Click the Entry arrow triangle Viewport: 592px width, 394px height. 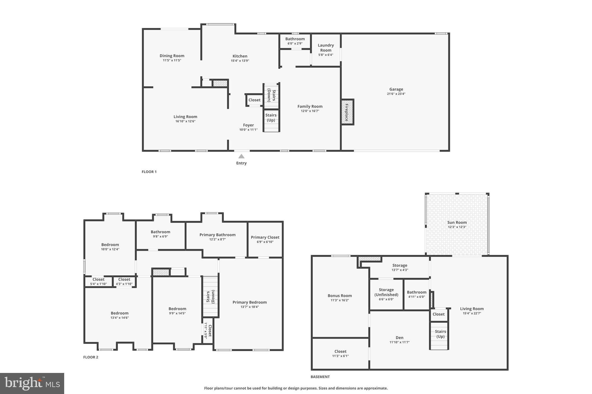coord(241,156)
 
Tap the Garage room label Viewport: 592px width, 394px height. coord(396,89)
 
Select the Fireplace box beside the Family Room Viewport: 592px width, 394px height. coord(347,112)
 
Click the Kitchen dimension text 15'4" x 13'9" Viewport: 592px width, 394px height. coord(240,61)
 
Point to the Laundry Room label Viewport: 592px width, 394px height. coord(326,48)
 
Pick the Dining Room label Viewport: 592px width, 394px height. coord(172,56)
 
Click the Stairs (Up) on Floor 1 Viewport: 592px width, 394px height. coord(271,121)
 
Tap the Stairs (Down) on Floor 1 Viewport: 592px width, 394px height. coord(271,96)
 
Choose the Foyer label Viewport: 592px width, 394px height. coord(248,125)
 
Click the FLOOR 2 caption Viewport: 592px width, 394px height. coord(91,357)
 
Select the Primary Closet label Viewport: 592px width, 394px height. coord(265,237)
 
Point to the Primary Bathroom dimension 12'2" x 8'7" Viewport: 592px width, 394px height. coord(217,239)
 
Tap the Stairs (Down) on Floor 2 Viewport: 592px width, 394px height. coord(210,296)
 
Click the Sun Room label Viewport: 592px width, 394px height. coord(457,222)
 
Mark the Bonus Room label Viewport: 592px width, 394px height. coord(340,296)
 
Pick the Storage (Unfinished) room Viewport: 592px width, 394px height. coord(386,294)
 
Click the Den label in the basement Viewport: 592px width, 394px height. coord(399,337)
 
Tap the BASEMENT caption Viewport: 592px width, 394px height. coord(320,377)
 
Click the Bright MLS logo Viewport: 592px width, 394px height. coord(32,383)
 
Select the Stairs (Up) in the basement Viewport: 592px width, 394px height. coord(439,335)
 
